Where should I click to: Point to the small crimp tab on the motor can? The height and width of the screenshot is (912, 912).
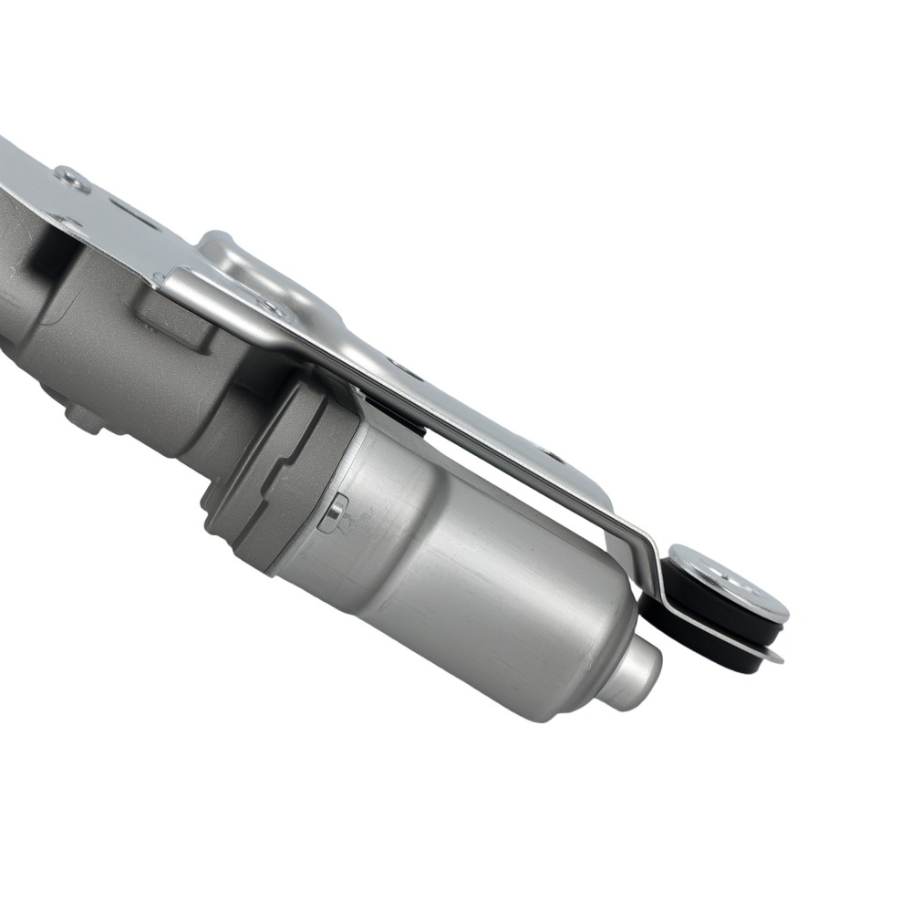coord(336,513)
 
